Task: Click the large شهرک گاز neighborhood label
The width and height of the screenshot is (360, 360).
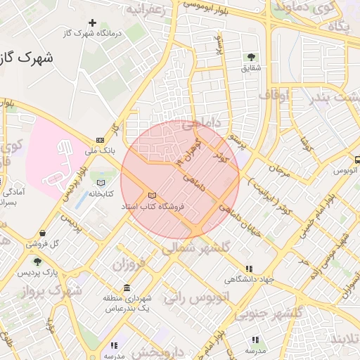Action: pyautogui.click(x=29, y=58)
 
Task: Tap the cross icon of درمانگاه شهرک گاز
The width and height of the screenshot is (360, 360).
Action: pyautogui.click(x=92, y=23)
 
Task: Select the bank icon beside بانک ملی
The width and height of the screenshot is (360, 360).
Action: pyautogui.click(x=100, y=140)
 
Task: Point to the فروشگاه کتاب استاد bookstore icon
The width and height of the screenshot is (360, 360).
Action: pyautogui.click(x=152, y=195)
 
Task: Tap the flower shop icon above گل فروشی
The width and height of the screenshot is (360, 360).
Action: pyautogui.click(x=43, y=233)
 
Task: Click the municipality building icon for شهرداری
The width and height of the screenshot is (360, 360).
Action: pyautogui.click(x=127, y=288)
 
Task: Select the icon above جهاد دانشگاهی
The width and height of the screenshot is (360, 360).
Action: pyautogui.click(x=249, y=269)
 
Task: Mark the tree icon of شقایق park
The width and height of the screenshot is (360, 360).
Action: pyautogui.click(x=251, y=57)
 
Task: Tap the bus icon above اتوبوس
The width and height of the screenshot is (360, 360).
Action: pyautogui.click(x=356, y=160)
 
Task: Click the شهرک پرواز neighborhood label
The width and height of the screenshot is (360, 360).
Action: pyautogui.click(x=61, y=290)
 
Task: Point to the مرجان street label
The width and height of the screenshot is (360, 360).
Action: pyautogui.click(x=279, y=170)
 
